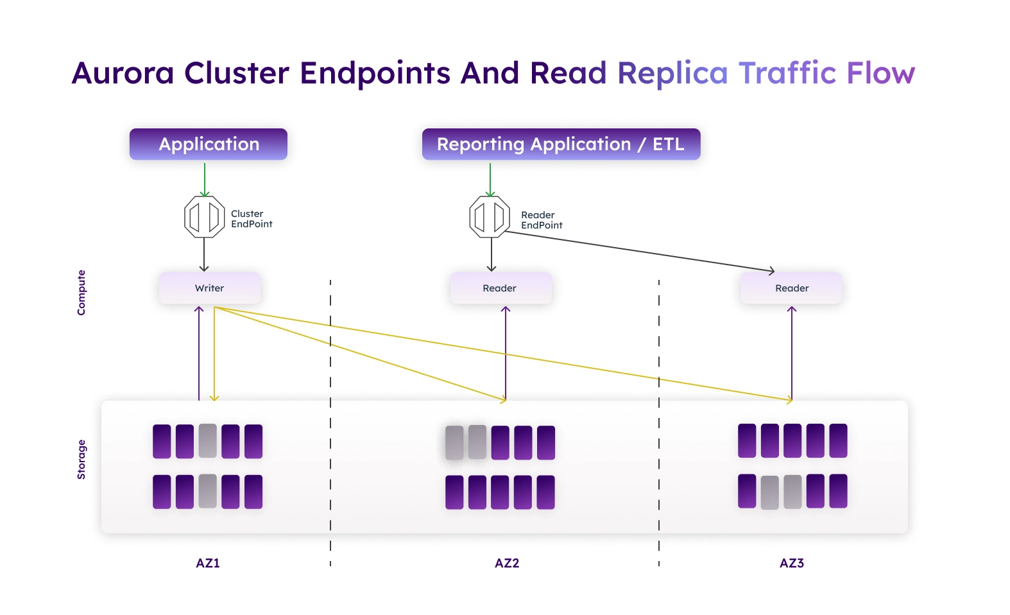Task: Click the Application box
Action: (209, 144)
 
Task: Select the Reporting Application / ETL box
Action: (561, 144)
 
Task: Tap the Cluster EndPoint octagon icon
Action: (204, 216)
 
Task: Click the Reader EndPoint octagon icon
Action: (490, 216)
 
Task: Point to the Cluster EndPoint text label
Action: (252, 219)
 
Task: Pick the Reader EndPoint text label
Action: (542, 220)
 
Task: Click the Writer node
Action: (210, 288)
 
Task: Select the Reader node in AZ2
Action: (501, 288)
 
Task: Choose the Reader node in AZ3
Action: (791, 288)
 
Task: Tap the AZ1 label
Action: (208, 563)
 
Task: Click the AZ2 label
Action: (507, 563)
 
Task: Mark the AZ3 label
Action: (792, 563)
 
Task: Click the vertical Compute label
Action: (81, 292)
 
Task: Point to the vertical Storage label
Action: (81, 460)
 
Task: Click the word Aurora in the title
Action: (123, 73)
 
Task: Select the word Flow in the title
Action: (880, 73)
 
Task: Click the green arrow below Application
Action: (205, 180)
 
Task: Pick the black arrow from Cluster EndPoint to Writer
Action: (204, 254)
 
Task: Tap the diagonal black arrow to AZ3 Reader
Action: (639, 251)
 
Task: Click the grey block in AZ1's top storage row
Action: (208, 441)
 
